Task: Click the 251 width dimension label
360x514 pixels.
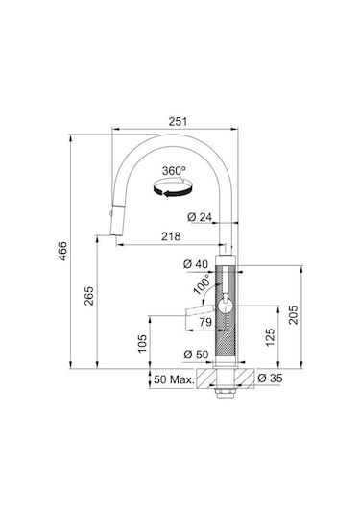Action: [178, 121]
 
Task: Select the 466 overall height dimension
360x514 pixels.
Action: [62, 251]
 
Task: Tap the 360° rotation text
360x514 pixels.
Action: [174, 170]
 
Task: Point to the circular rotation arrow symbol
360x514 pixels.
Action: [173, 188]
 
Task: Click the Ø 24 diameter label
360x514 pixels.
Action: [200, 217]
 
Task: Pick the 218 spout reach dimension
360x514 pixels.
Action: [171, 236]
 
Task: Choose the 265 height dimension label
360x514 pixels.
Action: [89, 296]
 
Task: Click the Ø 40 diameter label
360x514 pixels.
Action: [196, 264]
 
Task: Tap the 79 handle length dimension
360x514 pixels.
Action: [205, 322]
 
